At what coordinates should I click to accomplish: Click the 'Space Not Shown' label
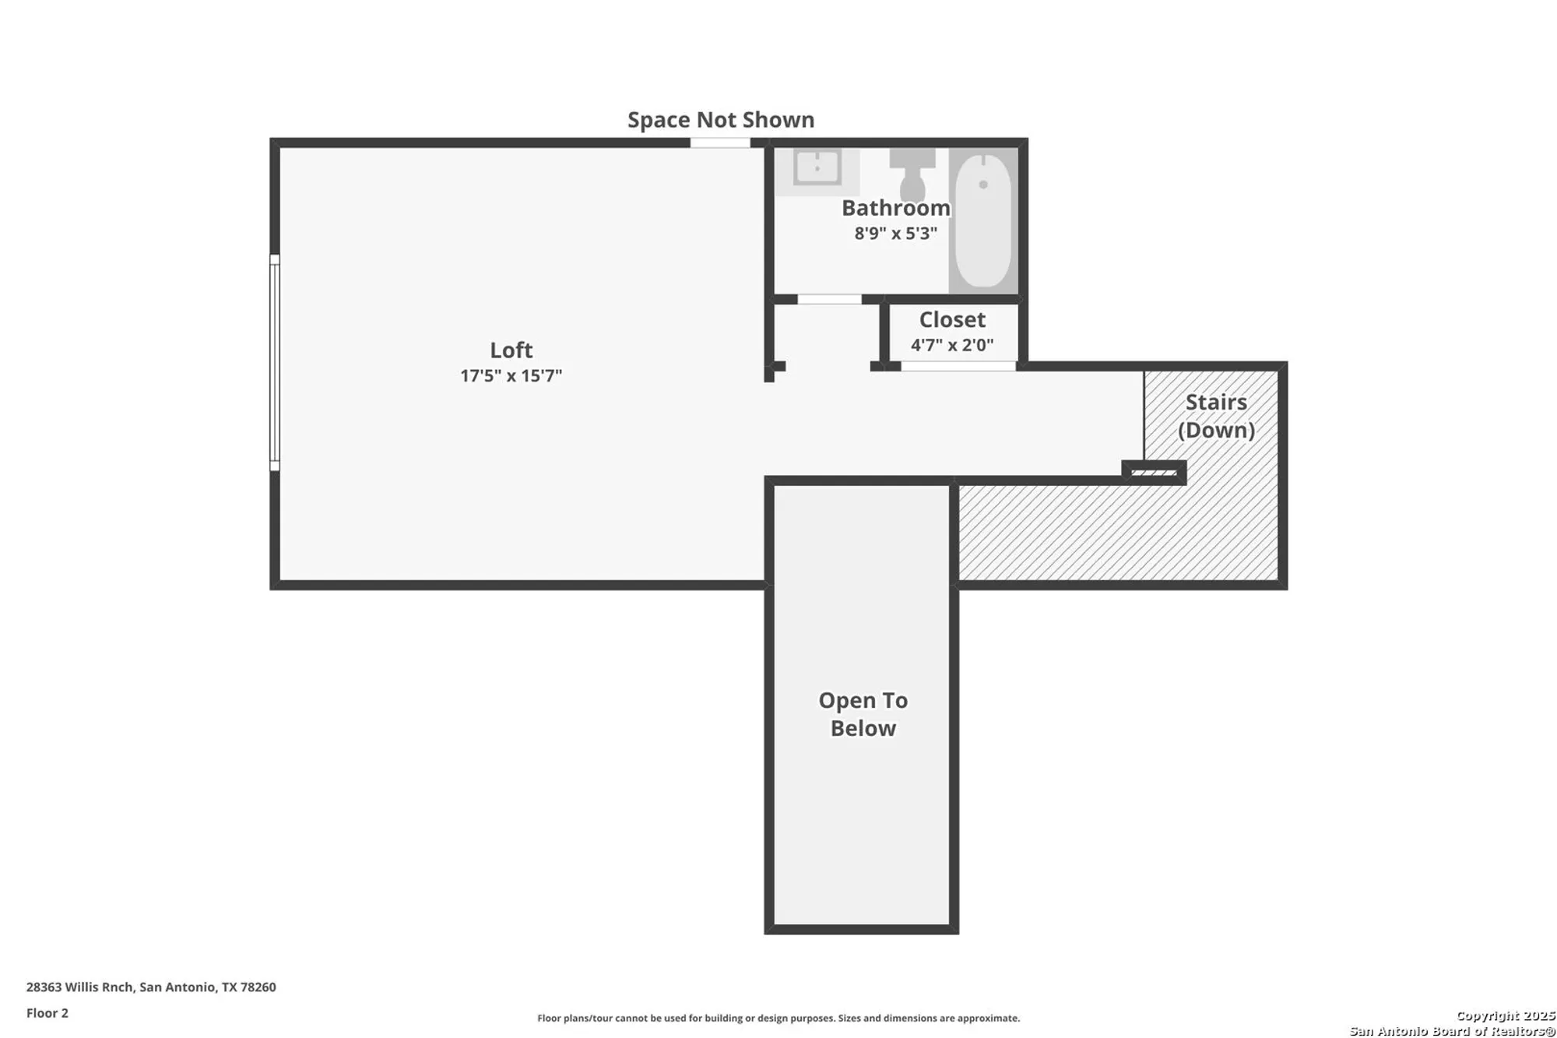720,120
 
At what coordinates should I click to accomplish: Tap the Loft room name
511,350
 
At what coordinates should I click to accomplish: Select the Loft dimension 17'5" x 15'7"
511,376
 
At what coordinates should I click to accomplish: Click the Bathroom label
895,209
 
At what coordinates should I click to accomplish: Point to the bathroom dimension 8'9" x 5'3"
895,234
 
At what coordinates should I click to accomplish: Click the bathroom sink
817,167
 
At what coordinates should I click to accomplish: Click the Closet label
952,320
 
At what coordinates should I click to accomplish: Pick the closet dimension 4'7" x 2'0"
952,345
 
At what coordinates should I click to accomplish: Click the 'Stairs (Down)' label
1215,416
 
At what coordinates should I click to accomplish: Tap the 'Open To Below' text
863,714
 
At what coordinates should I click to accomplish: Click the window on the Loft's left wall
275,362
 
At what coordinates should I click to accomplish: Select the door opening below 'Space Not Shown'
720,143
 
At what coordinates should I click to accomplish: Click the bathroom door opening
829,300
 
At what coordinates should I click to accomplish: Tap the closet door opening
958,367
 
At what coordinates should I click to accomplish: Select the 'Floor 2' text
47,1013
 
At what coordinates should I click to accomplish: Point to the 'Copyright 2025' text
1505,1015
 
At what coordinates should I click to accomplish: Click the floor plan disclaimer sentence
778,1019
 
